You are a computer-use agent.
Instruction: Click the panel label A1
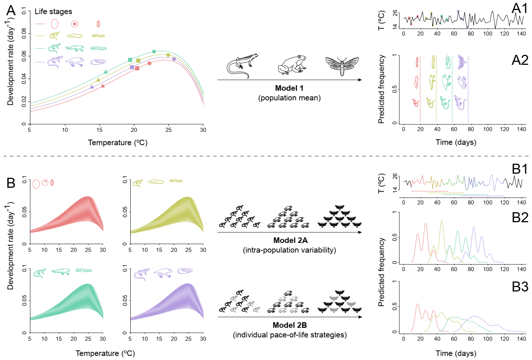519,9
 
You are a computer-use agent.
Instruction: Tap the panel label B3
520,287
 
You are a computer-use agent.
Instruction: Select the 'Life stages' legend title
53,11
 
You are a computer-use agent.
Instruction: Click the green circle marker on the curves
154,51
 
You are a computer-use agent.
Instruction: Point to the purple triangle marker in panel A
92,87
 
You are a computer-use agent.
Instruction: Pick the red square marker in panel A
137,68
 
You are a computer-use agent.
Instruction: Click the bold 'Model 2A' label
290,240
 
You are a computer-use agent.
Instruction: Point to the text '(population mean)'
290,98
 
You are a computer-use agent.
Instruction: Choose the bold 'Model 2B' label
290,325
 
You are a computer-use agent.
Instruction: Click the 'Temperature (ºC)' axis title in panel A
118,143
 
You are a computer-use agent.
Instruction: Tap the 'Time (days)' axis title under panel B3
456,353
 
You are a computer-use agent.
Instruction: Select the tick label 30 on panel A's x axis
203,130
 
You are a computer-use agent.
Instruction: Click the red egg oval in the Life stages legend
54,24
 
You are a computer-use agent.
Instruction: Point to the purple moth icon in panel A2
462,62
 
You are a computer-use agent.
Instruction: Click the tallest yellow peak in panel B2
442,221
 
